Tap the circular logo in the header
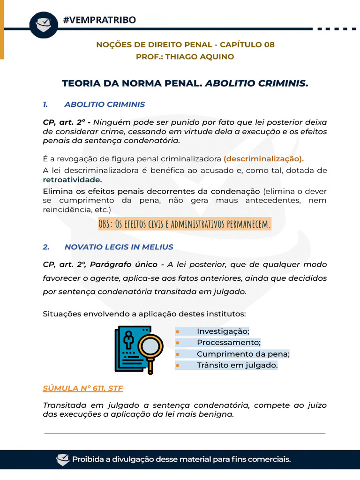point(44,23)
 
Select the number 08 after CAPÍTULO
point(269,45)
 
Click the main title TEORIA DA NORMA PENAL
point(132,83)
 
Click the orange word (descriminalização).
point(263,158)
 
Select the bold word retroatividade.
point(72,180)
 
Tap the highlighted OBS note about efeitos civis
point(185,224)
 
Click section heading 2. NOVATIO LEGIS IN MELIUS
point(118,247)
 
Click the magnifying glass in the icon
point(150,350)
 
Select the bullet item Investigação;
point(223,331)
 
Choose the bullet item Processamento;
point(228,342)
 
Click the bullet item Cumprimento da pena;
point(243,354)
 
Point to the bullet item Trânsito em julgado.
point(237,365)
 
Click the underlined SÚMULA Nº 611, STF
point(83,388)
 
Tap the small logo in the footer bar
point(62,459)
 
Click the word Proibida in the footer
point(89,459)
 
